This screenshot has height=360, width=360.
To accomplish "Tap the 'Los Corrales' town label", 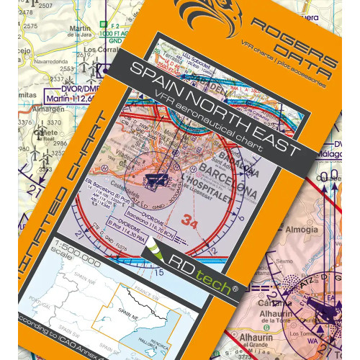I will (x=101, y=50).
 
